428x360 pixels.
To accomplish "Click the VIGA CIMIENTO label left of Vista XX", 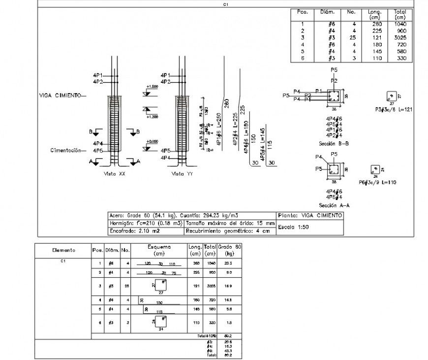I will [x=60, y=96].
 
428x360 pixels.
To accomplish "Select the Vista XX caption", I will [x=115, y=174].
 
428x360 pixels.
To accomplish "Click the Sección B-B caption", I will [x=334, y=143].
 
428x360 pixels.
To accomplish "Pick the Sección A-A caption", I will [x=334, y=204].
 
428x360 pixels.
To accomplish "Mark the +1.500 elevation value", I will [x=152, y=87].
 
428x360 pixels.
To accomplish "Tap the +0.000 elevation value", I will [x=152, y=142].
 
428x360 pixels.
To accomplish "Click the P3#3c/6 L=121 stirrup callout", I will [x=392, y=109].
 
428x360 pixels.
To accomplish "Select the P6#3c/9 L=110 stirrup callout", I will [x=377, y=182].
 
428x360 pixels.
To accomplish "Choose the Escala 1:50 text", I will [x=293, y=227].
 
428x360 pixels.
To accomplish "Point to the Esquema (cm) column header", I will [x=158, y=250].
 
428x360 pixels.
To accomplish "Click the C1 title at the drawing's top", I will [x=226, y=4].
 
